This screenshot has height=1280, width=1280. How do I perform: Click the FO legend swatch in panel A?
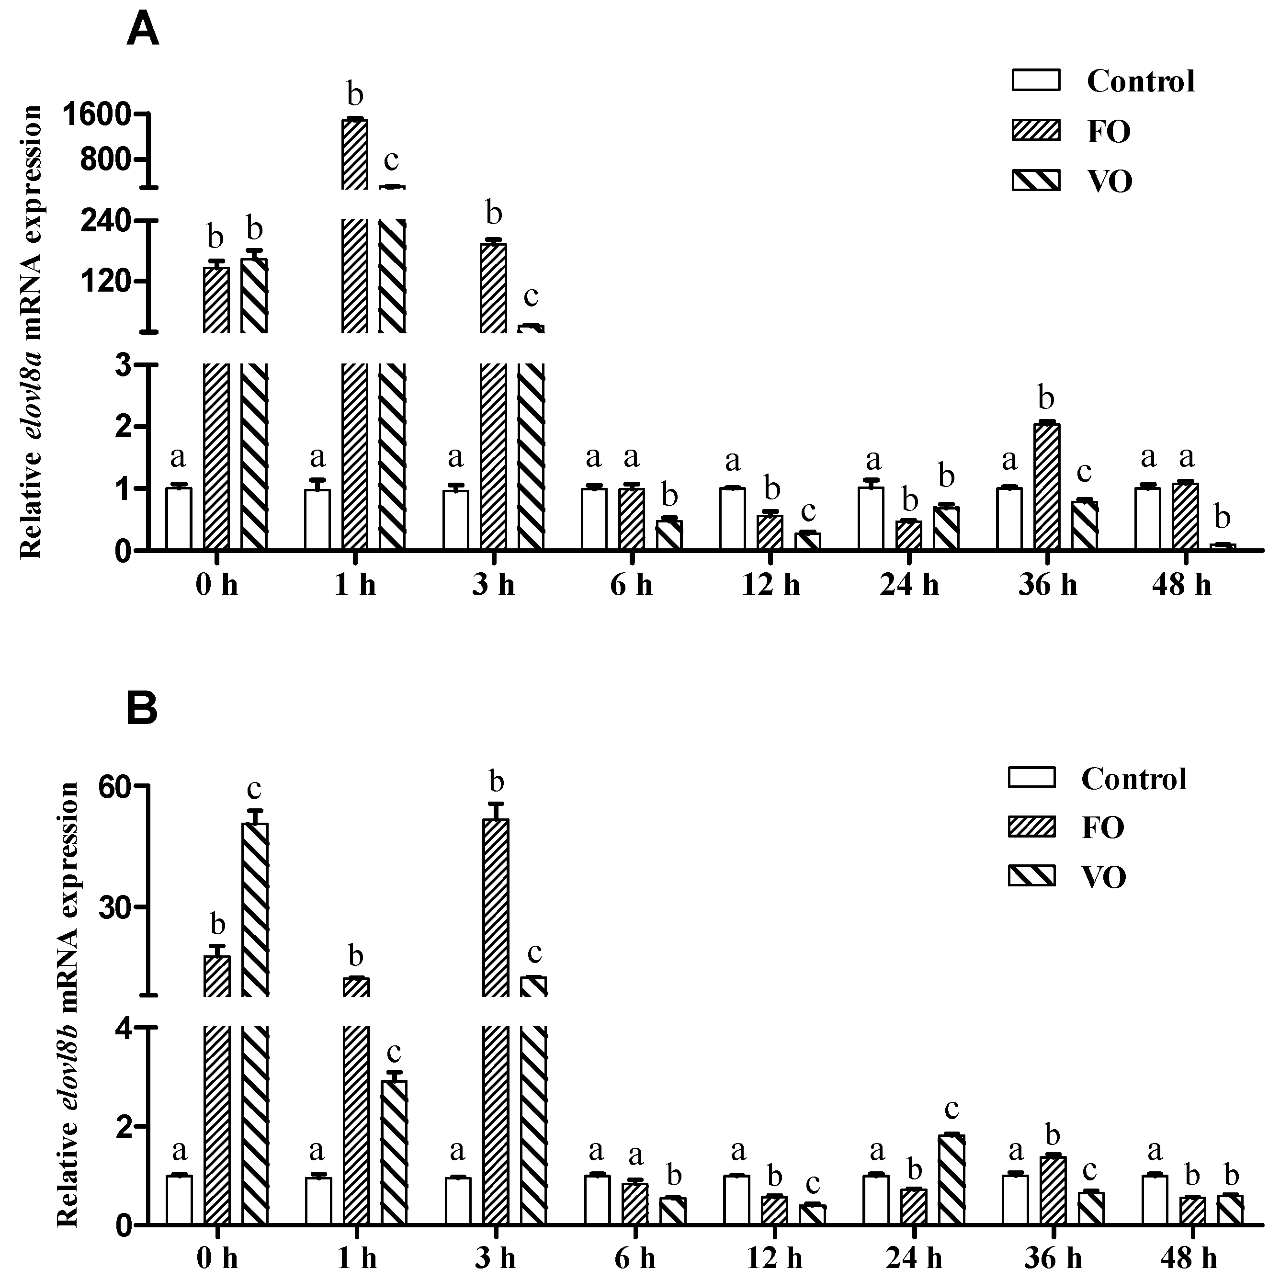click(1035, 131)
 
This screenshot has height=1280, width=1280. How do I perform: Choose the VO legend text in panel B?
click(1104, 878)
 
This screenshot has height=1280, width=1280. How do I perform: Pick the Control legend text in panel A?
click(1141, 81)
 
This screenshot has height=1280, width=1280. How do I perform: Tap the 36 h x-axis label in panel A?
click(1047, 586)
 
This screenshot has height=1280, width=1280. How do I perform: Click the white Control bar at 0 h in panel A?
click(179, 519)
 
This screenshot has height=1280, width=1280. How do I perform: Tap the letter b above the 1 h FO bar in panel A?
click(356, 95)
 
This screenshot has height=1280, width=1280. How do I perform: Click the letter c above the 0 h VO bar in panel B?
click(254, 789)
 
